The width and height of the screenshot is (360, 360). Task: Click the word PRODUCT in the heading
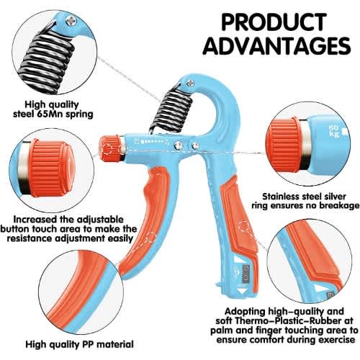tap(274, 22)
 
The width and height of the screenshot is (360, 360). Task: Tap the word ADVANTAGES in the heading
tap(277, 45)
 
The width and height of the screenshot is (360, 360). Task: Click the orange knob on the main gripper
tap(110, 148)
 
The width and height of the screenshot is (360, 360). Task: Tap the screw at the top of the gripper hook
tap(190, 83)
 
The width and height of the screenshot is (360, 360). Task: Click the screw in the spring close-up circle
tap(71, 22)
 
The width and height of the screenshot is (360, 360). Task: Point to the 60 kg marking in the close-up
tap(334, 130)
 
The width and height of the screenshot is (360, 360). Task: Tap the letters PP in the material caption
tap(88, 344)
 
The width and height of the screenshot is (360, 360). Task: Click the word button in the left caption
tap(14, 229)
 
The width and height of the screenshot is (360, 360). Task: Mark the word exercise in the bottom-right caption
tap(337, 340)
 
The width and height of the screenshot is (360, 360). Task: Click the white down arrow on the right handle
tap(243, 291)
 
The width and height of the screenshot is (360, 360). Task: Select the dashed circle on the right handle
tap(244, 228)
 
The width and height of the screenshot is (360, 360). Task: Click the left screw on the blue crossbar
tap(178, 145)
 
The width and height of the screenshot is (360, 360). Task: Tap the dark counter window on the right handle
tap(246, 274)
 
